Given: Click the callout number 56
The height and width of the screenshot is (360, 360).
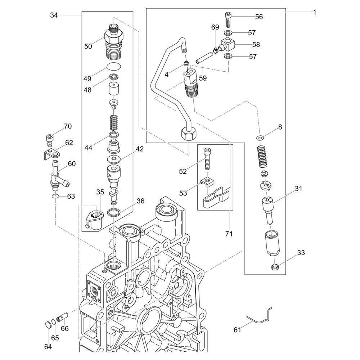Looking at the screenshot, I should click(259, 17).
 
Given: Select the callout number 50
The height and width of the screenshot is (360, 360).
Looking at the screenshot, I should click(88, 46).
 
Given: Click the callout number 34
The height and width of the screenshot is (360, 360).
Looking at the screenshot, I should click(54, 15).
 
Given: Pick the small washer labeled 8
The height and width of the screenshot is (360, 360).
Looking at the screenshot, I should click(260, 138).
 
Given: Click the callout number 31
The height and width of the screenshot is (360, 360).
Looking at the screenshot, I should click(299, 188).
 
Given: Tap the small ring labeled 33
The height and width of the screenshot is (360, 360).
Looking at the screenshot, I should click(275, 267).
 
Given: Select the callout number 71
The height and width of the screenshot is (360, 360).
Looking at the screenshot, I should click(229, 234).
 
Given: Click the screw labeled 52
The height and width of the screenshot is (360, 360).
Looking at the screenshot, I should click(207, 158).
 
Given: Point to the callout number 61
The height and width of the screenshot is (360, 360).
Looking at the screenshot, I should click(237, 330).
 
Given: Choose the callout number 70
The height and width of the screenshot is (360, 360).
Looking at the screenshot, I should click(68, 126).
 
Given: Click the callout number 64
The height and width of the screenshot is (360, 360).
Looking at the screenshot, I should click(48, 347).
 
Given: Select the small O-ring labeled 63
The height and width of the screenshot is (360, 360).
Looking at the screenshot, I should click(55, 197).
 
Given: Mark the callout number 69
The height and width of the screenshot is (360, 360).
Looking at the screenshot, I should click(215, 27).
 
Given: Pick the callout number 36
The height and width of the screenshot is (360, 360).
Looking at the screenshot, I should click(140, 201).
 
